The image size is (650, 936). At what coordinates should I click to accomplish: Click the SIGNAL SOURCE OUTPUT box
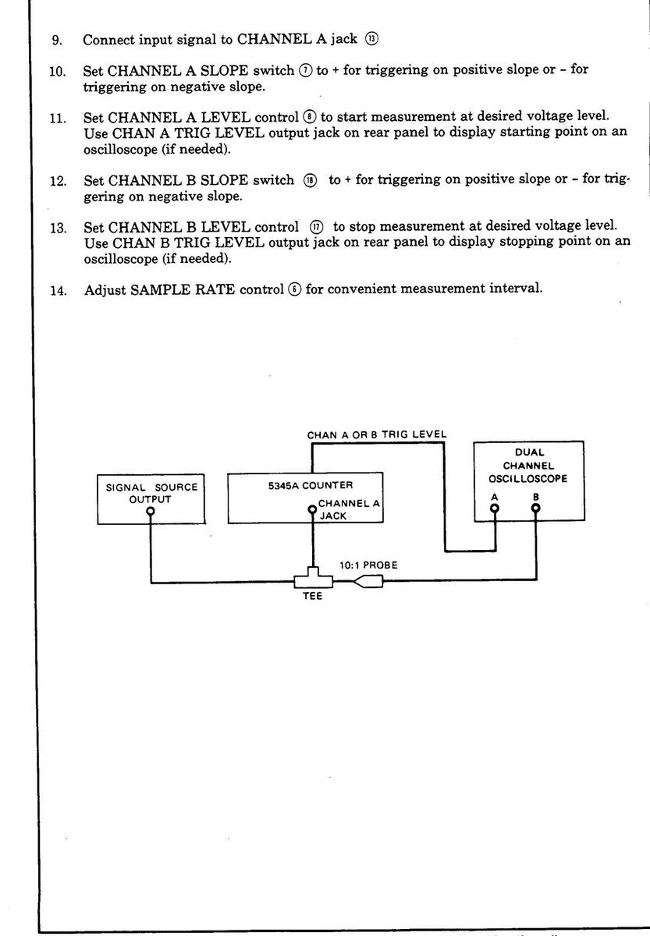click(x=151, y=498)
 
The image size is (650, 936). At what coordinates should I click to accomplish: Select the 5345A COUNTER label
click(x=306, y=485)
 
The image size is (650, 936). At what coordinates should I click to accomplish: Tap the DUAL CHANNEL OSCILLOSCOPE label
click(x=529, y=466)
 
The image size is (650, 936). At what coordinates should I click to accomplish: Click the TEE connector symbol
click(x=313, y=580)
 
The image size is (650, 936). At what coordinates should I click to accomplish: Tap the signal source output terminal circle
click(x=151, y=512)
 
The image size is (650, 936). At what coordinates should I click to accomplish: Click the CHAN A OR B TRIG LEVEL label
click(x=377, y=434)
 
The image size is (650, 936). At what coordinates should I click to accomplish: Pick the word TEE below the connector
click(x=313, y=600)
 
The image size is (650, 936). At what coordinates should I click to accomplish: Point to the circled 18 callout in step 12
click(x=311, y=180)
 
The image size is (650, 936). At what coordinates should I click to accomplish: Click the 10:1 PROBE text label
click(x=368, y=565)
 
